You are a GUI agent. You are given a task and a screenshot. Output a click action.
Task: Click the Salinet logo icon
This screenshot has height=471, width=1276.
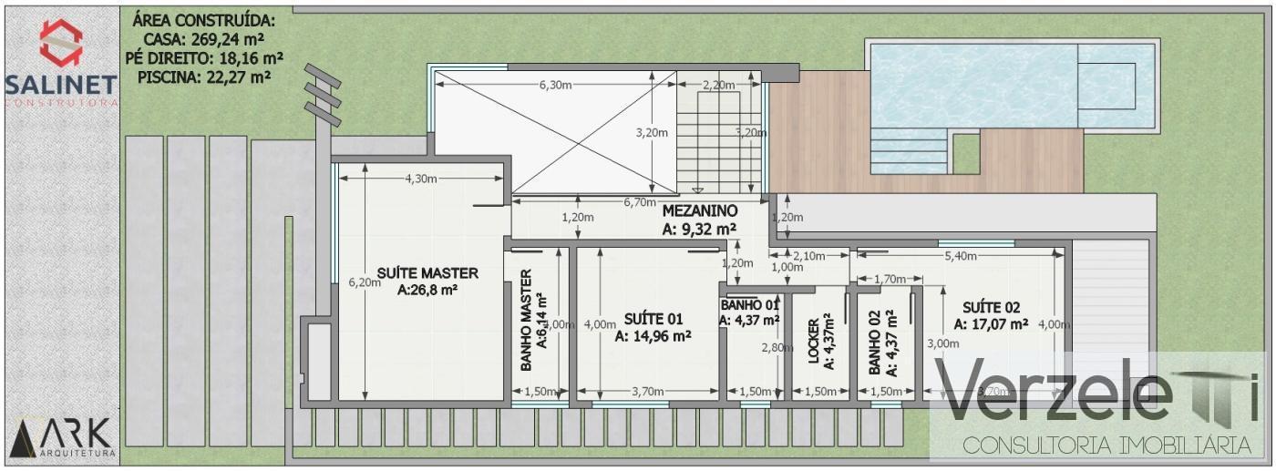pos(61,43)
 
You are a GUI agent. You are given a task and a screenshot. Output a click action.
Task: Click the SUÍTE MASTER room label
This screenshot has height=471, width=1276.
pos(427,273)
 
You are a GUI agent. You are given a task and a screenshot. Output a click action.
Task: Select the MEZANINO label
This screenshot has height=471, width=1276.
pos(700,211)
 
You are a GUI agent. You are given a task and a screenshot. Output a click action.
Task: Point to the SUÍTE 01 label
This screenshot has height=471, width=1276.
pos(653,318)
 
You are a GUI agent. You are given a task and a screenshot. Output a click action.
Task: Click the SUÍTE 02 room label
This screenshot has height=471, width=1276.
pos(992,306)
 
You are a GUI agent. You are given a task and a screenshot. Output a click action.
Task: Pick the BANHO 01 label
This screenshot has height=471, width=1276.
pos(749,304)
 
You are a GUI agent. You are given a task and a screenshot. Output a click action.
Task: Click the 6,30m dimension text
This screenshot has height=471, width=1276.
pos(555,85)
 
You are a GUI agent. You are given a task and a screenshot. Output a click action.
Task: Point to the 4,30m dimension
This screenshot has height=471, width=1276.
pos(420,178)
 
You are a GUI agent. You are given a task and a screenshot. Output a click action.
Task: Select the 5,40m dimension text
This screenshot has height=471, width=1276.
pos(961,256)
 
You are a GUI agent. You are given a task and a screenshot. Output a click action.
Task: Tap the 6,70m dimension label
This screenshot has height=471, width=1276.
pos(640,201)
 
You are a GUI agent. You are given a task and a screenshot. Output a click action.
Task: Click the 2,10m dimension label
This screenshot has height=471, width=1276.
pos(808,256)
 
